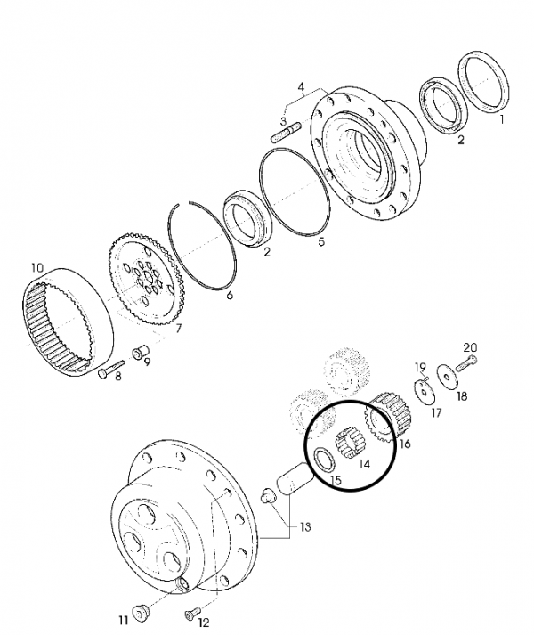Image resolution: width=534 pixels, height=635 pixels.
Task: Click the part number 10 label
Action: pyautogui.click(x=36, y=268)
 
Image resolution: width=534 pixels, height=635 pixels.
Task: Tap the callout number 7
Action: pyautogui.click(x=179, y=328)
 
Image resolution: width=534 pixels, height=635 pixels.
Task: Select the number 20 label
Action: pyautogui.click(x=470, y=347)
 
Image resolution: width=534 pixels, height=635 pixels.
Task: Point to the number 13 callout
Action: pyautogui.click(x=305, y=527)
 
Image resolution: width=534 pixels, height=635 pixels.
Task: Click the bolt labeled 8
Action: pyautogui.click(x=111, y=368)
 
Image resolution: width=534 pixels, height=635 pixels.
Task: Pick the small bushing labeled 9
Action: pyautogui.click(x=141, y=352)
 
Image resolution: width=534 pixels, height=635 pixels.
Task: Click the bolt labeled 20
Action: pyautogui.click(x=466, y=363)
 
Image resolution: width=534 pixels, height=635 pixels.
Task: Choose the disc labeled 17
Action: pyautogui.click(x=425, y=393)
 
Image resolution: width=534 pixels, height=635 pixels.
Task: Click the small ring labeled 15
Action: pyautogui.click(x=325, y=460)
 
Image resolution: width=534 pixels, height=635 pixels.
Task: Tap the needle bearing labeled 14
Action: pyautogui.click(x=350, y=443)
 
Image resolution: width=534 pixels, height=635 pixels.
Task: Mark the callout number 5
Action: pyautogui.click(x=321, y=242)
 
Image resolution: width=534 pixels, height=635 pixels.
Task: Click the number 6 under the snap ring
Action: pyautogui.click(x=230, y=295)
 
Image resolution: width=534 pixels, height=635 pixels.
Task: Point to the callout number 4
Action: pyautogui.click(x=301, y=87)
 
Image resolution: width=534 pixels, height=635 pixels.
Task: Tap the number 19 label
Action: pyautogui.click(x=421, y=367)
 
